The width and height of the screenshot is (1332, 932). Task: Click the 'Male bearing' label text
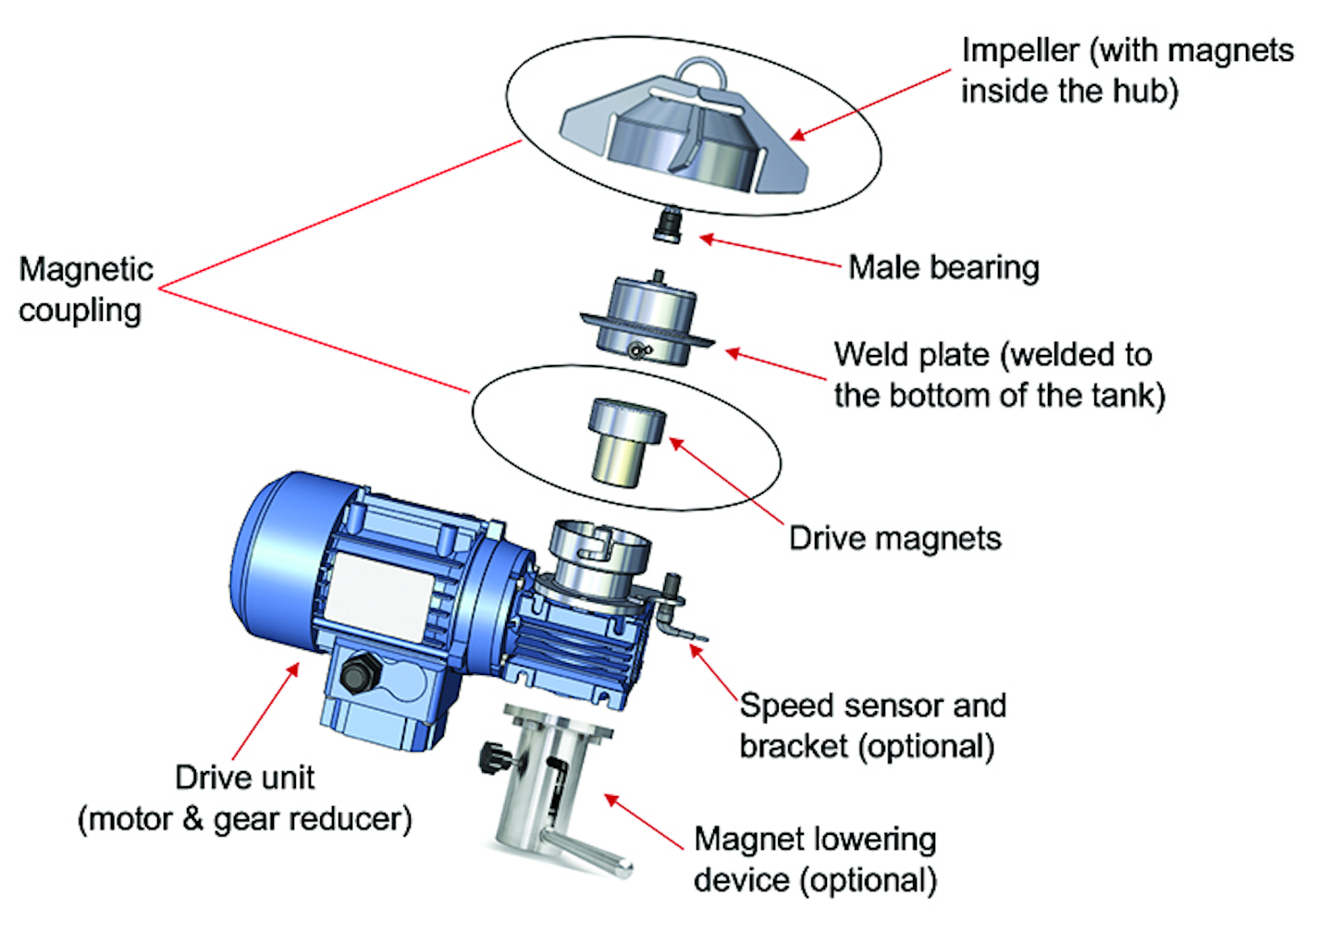(x=943, y=268)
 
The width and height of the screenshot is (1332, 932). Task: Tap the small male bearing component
(x=666, y=227)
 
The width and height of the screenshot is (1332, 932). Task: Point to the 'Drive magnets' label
(x=894, y=538)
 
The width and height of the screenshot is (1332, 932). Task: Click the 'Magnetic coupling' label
(x=85, y=289)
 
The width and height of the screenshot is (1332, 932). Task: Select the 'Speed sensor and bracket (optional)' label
(x=871, y=726)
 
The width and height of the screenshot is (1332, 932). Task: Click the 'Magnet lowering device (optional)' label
(x=815, y=860)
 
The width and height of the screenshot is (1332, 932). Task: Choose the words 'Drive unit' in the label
(x=244, y=778)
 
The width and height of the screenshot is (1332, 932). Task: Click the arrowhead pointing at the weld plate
(x=732, y=352)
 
